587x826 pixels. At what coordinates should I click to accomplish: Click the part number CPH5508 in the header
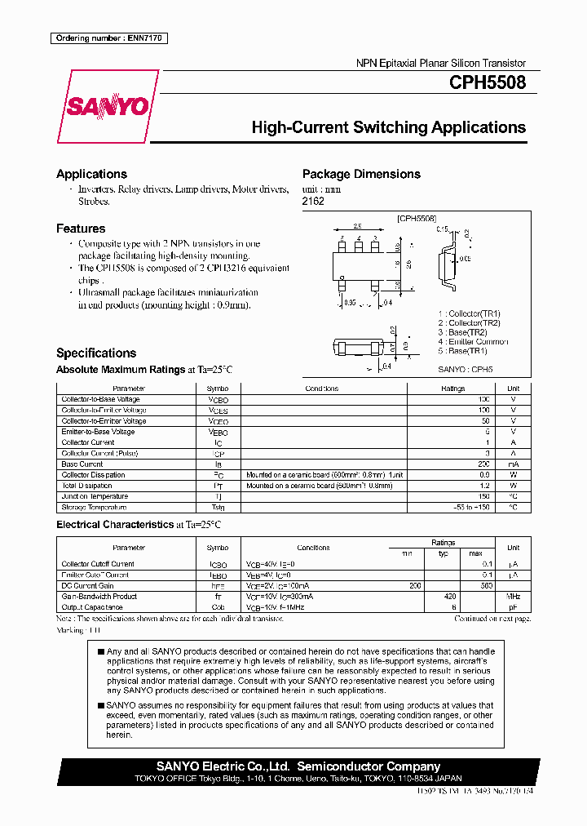click(x=487, y=82)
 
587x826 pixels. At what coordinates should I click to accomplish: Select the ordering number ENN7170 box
click(x=108, y=38)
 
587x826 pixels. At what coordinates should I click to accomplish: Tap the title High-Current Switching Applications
click(x=388, y=127)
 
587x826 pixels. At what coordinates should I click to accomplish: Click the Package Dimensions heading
click(x=361, y=174)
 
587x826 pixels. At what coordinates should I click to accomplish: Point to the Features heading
click(x=81, y=229)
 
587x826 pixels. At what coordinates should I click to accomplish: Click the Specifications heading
click(x=96, y=353)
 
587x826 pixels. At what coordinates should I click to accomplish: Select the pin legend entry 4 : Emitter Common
click(x=473, y=341)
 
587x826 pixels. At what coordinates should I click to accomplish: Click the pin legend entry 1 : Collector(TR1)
click(x=469, y=313)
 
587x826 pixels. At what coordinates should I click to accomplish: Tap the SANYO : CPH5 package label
click(x=466, y=368)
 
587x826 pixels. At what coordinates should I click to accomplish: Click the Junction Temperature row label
click(x=95, y=496)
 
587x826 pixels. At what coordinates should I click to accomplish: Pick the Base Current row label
click(x=82, y=464)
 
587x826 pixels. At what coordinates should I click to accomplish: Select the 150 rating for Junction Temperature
click(x=483, y=496)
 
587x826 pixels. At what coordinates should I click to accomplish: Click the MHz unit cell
click(x=513, y=597)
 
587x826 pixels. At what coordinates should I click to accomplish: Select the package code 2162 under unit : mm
click(x=313, y=201)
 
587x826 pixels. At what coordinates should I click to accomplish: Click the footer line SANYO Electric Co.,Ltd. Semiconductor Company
click(x=298, y=766)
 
